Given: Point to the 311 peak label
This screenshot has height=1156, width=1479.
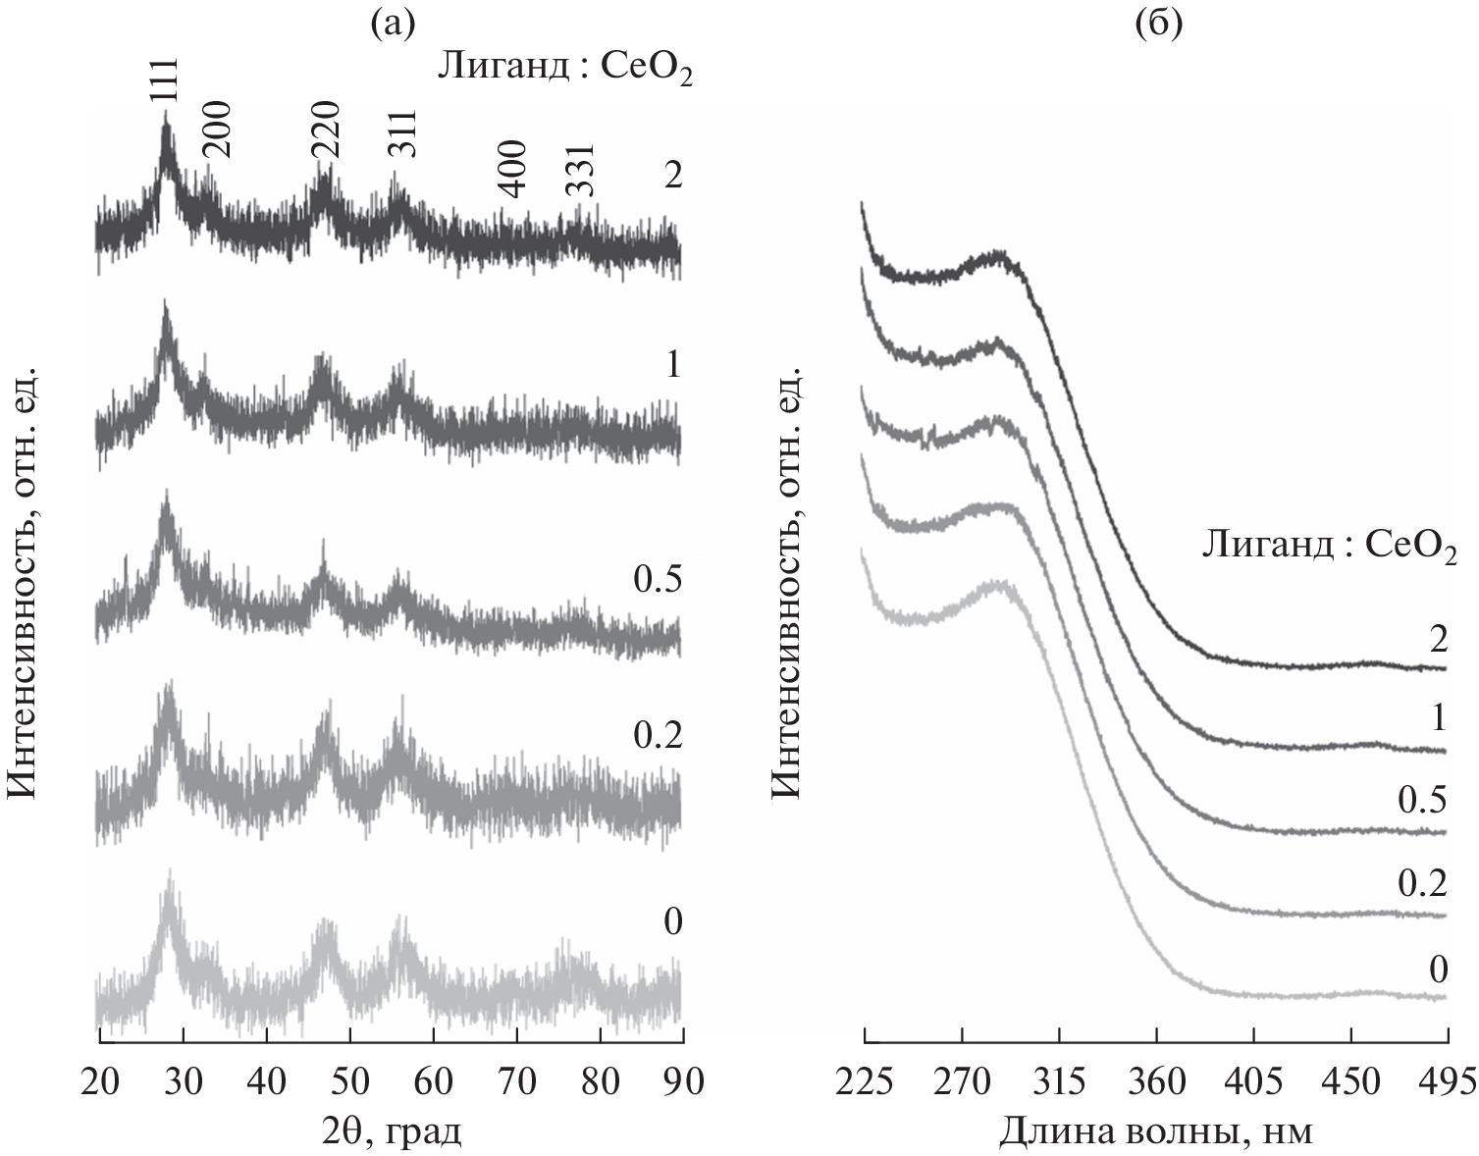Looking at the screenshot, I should coord(402,133).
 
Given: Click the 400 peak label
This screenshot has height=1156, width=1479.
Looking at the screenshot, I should coord(513,168).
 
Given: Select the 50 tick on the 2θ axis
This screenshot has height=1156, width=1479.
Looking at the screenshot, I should coord(349,1081).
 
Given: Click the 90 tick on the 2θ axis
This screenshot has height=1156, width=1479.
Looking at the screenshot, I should coord(682,1081).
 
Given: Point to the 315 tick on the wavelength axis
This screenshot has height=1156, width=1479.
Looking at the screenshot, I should coord(1060,1081).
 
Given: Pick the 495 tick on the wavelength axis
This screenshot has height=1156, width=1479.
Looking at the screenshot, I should coord(1448,1081).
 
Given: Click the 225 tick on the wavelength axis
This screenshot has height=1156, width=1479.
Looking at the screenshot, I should coord(865,1081).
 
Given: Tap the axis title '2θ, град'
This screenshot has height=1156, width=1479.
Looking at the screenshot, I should coord(391,1132).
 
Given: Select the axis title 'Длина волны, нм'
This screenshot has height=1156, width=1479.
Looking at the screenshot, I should coord(1156,1132).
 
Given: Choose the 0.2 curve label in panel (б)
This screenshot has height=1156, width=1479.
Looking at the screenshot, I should coord(1421,884).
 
